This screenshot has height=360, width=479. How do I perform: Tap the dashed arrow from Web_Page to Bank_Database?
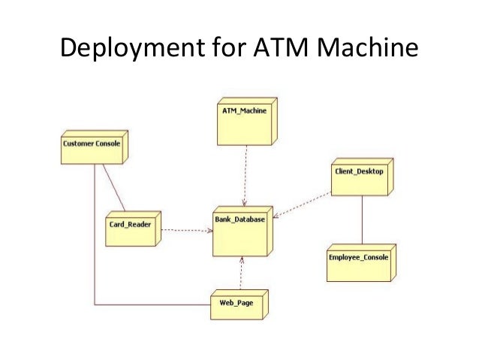241,272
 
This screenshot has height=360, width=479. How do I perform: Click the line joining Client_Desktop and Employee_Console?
363,219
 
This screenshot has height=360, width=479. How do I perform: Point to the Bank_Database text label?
239,219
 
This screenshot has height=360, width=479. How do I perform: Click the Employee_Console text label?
358,257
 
